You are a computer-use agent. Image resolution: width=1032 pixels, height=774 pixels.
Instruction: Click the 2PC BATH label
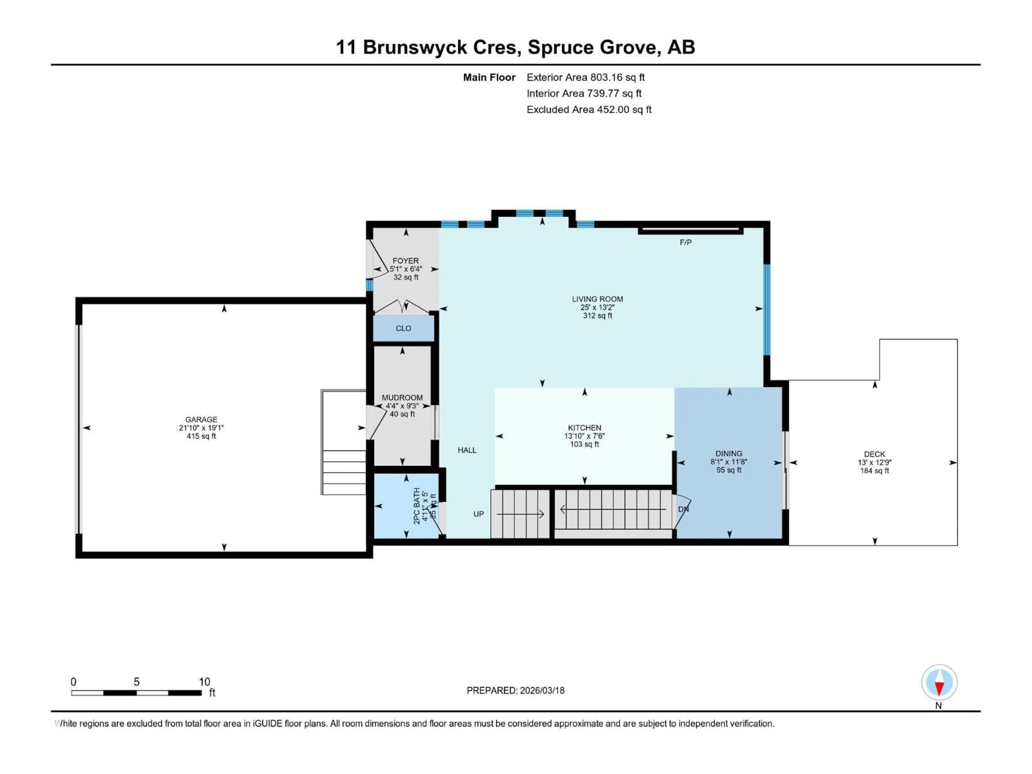(x=417, y=506)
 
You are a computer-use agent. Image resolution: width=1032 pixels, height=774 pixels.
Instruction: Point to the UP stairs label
(x=479, y=514)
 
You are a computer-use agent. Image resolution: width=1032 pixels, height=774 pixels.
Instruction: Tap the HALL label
(x=467, y=450)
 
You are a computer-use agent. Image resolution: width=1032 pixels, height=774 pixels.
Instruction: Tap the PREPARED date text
(x=515, y=690)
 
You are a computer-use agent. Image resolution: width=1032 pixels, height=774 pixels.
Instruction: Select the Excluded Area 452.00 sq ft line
(x=589, y=110)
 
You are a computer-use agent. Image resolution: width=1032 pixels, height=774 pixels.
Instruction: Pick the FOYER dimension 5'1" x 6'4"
(x=406, y=269)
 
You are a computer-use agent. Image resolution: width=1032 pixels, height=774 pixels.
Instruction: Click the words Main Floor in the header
(x=489, y=77)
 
